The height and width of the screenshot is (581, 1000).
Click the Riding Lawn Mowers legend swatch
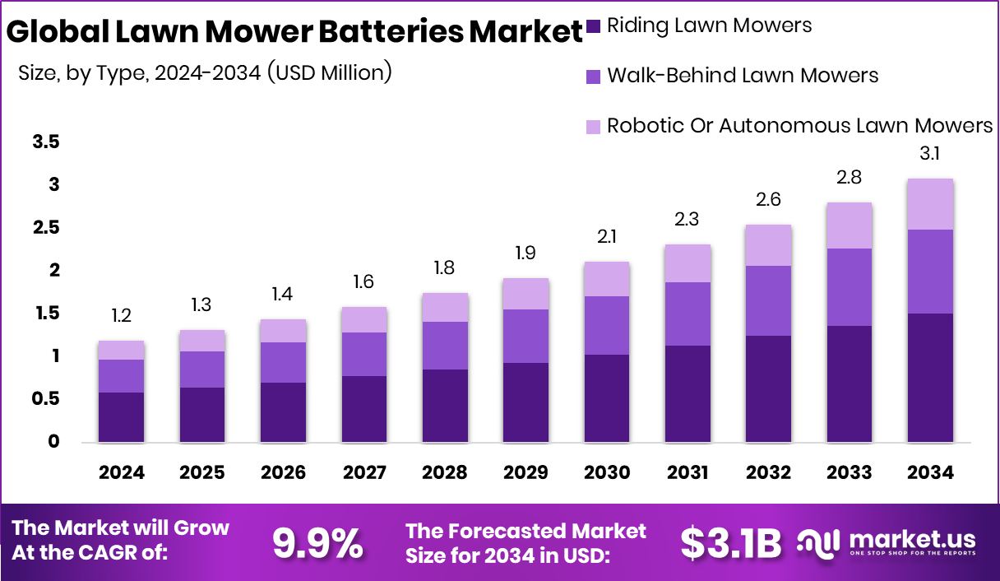coord(594,26)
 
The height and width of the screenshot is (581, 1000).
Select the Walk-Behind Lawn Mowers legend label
coord(743,76)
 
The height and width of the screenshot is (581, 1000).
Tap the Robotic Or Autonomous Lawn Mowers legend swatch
coord(594,126)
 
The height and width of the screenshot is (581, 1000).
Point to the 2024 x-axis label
coord(121,473)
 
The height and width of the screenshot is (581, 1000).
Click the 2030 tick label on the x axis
coord(607,473)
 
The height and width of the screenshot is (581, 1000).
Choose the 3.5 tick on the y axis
coord(46,142)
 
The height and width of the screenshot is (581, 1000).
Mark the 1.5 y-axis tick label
coord(46,314)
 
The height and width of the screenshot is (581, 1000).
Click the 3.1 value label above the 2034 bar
coord(930,154)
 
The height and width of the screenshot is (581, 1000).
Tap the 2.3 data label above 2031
coord(687,220)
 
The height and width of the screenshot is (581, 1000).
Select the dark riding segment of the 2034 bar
coord(930,377)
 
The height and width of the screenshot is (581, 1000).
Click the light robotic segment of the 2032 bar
coord(768,245)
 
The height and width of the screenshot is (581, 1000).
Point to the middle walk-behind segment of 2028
coord(445,345)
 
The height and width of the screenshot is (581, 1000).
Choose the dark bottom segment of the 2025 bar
coord(201,415)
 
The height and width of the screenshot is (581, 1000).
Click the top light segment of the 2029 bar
coord(525,294)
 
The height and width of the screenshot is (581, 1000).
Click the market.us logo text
coord(910,540)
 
